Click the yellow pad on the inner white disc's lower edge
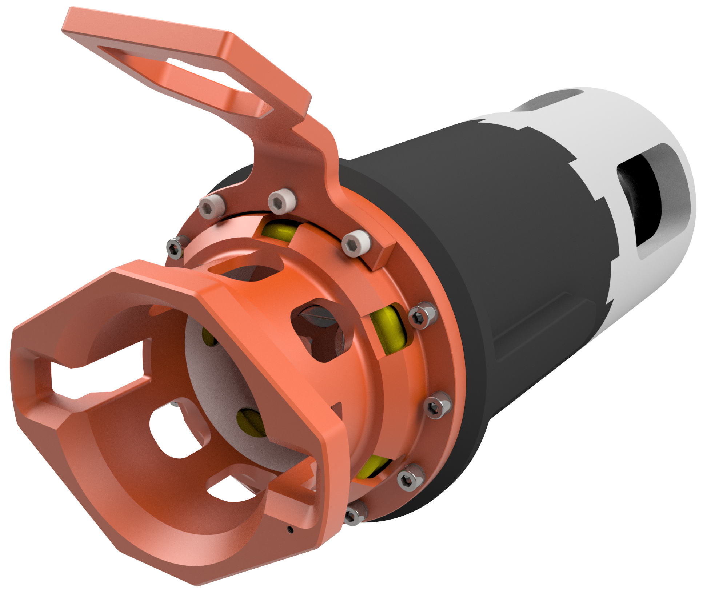click(x=251, y=422)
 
